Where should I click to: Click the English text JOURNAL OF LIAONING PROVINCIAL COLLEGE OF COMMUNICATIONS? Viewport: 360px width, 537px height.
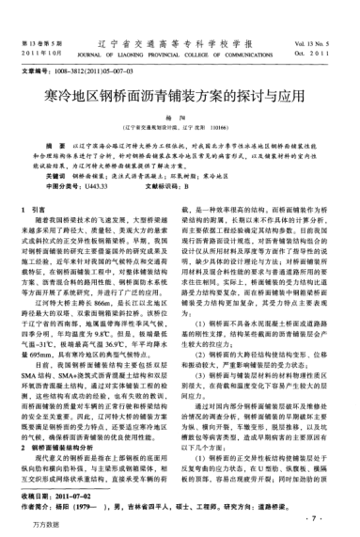180,30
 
